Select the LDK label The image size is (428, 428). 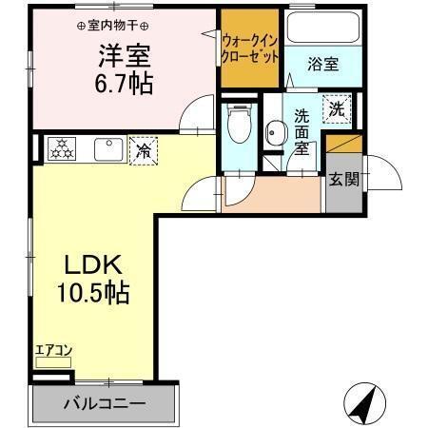93,264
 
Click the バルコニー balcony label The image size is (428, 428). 105,403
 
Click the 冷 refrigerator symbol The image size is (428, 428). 144,149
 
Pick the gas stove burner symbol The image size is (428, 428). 62,148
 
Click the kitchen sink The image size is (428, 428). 105,149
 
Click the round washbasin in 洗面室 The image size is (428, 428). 276,132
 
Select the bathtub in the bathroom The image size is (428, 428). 322,28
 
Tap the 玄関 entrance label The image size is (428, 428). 342,179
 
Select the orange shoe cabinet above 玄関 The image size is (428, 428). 342,145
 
